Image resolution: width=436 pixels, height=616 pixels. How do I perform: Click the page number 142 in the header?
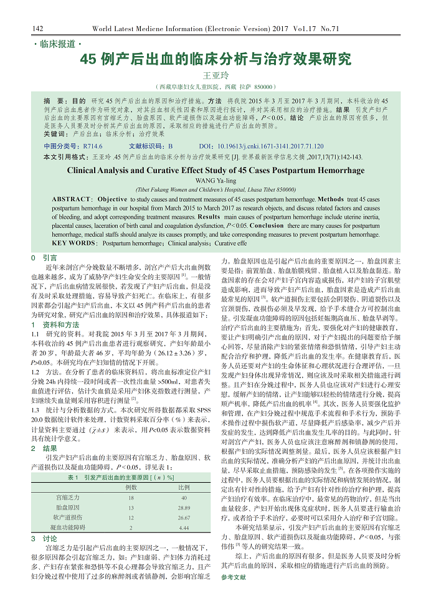(37, 29)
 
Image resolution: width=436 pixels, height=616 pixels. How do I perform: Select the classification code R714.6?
(93, 146)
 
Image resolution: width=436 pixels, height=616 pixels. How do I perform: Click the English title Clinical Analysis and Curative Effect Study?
(215, 170)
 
